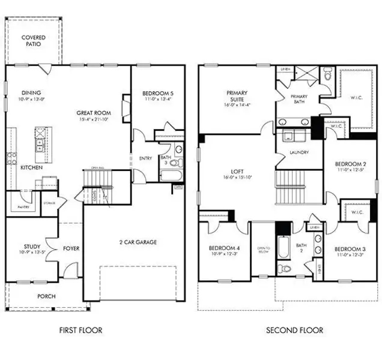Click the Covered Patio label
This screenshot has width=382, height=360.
point(33,41)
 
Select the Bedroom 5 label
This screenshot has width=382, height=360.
point(158,93)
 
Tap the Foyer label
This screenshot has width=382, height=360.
point(71,248)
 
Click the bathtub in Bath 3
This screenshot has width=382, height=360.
point(171,175)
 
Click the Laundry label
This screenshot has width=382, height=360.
point(299,152)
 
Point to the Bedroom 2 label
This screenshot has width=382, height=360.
point(350,164)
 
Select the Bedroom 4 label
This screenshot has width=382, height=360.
point(223,248)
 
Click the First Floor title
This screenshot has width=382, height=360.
point(80,330)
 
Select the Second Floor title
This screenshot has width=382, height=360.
point(294,330)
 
